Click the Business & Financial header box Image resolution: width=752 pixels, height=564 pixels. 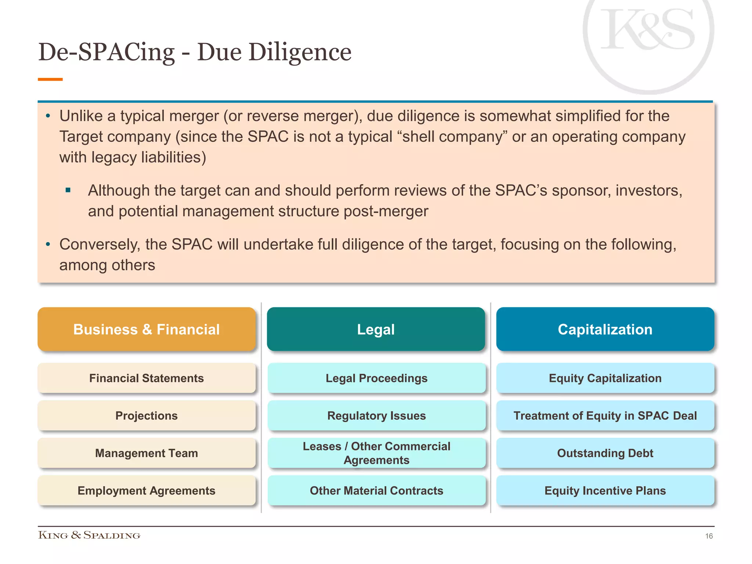147,329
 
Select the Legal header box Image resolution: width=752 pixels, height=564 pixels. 376,329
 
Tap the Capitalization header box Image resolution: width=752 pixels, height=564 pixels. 605,329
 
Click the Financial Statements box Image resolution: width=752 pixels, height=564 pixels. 147,378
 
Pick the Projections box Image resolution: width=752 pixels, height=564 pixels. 147,416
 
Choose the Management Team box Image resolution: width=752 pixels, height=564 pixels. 147,453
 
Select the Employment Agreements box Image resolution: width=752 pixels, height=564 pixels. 147,491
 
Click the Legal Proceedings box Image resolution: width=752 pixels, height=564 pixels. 376,378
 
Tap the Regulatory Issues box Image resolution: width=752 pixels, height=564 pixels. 376,416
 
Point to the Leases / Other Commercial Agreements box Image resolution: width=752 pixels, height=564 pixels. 376,453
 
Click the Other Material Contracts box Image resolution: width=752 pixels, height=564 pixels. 376,491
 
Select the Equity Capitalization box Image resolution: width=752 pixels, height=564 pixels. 605,378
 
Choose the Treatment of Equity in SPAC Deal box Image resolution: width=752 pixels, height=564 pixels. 605,416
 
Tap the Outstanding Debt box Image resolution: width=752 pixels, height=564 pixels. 605,453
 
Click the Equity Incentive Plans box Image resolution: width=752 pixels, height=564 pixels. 605,491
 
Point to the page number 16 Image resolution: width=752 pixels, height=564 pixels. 709,536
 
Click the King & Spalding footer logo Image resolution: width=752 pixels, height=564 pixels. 89,535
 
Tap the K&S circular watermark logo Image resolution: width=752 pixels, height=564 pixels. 648,33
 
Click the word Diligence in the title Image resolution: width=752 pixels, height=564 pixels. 300,52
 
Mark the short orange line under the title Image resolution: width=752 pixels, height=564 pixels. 50,79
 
